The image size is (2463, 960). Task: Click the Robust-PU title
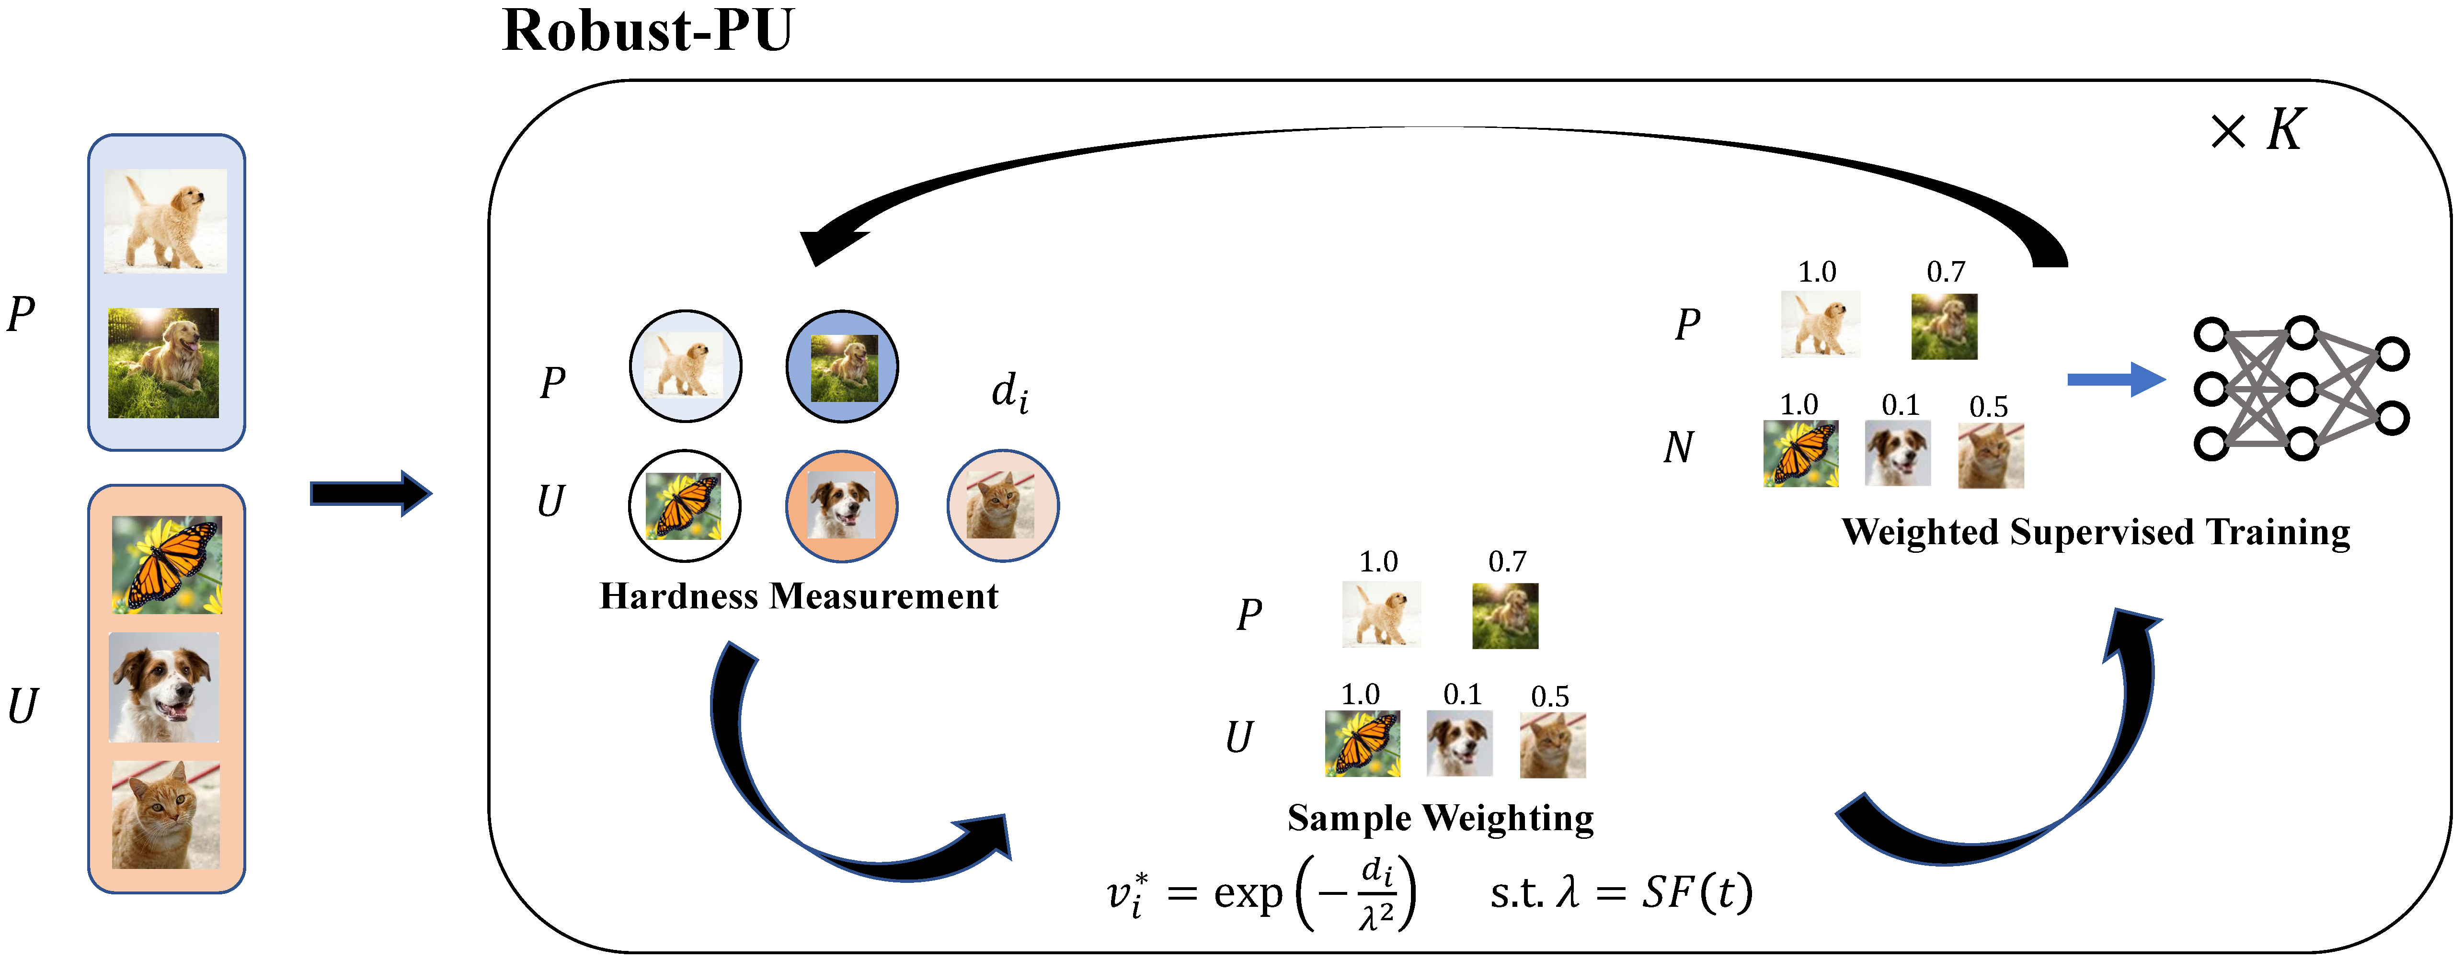tap(647, 31)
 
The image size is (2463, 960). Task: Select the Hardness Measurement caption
tap(798, 597)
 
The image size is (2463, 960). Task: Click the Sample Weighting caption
tap(1440, 819)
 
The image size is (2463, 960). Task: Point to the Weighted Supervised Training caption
tap(2096, 533)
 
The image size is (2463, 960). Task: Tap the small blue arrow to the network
tap(2115, 379)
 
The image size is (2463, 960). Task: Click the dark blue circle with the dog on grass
tap(841, 366)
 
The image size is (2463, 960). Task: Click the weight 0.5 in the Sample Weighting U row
tap(1550, 696)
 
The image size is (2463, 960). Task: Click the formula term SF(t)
tap(1697, 893)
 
